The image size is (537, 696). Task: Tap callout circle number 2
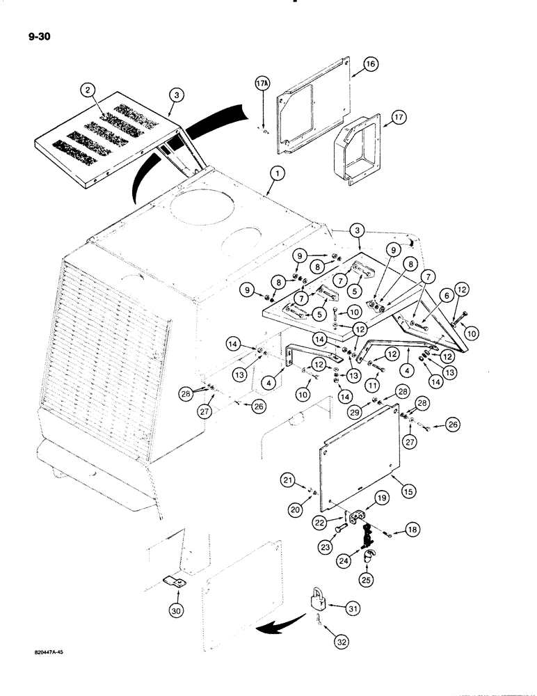[x=87, y=90]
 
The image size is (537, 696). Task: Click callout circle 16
[x=370, y=63]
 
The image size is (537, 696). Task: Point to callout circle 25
[x=364, y=578]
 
